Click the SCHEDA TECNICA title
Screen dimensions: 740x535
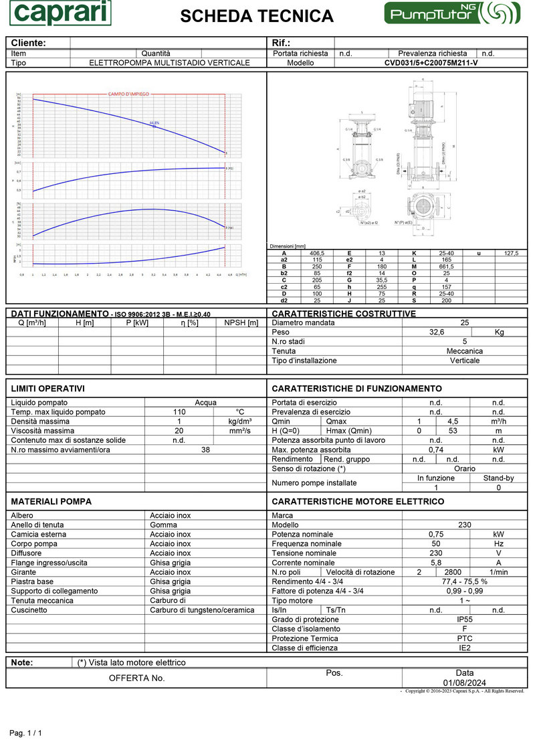(x=257, y=16)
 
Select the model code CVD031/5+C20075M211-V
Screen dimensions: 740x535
(x=431, y=63)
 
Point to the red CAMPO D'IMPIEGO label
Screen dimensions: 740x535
(x=128, y=94)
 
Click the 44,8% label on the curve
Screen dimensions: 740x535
(x=154, y=122)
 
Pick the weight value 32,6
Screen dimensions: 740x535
(x=437, y=332)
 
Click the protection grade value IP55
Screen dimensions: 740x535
(x=465, y=620)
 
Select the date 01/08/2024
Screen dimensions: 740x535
(x=465, y=682)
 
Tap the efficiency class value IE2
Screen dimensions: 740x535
(x=465, y=648)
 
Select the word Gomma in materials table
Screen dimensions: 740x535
(x=163, y=525)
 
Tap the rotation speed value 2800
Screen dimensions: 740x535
(x=453, y=572)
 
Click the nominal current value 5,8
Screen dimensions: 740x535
(x=436, y=563)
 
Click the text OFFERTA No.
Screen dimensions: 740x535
(x=136, y=678)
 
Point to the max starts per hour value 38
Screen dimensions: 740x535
(x=205, y=450)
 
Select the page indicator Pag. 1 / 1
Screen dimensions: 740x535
(x=26, y=733)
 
